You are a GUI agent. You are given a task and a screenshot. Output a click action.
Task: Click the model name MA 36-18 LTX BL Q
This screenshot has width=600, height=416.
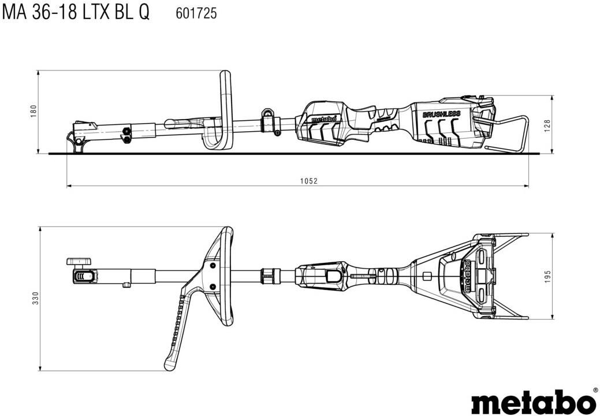pos(76,13)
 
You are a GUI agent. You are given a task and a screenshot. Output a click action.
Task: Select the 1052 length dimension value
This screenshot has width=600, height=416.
pos(308,181)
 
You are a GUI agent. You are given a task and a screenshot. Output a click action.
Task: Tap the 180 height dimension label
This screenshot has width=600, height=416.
pos(33,111)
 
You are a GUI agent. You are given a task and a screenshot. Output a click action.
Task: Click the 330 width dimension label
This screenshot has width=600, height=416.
pos(35,298)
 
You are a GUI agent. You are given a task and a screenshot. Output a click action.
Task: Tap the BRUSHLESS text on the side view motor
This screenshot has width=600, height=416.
pos(441,114)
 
